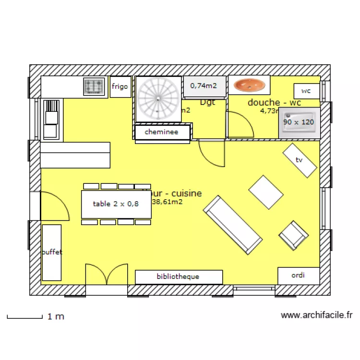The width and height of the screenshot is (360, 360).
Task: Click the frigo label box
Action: pyautogui.click(x=120, y=87)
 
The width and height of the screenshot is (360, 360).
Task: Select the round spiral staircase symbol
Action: pyautogui.click(x=158, y=99)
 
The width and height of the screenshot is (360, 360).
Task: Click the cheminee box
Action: pyautogui.click(x=162, y=132)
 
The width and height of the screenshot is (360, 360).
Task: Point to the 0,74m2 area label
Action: pyautogui.click(x=204, y=86)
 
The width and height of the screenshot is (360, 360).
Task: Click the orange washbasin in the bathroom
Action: pyautogui.click(x=249, y=85)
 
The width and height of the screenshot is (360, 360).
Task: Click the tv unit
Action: pyautogui.click(x=300, y=160)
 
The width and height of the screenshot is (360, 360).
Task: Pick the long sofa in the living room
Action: pyautogui.click(x=232, y=224)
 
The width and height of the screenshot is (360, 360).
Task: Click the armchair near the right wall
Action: pyautogui.click(x=294, y=235)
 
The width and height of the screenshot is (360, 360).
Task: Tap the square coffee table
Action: pyautogui.click(x=266, y=192)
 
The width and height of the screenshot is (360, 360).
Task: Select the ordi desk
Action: pyautogui.click(x=298, y=276)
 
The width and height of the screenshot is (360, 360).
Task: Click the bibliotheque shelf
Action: pyautogui.click(x=179, y=277)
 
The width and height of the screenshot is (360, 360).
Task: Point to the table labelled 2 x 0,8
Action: pyautogui.click(x=116, y=204)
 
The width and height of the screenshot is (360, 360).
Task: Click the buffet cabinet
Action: pyautogui.click(x=51, y=252)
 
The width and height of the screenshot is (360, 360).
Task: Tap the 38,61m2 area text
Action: pyautogui.click(x=168, y=202)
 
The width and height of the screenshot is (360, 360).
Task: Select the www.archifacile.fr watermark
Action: pyautogui.click(x=316, y=315)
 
